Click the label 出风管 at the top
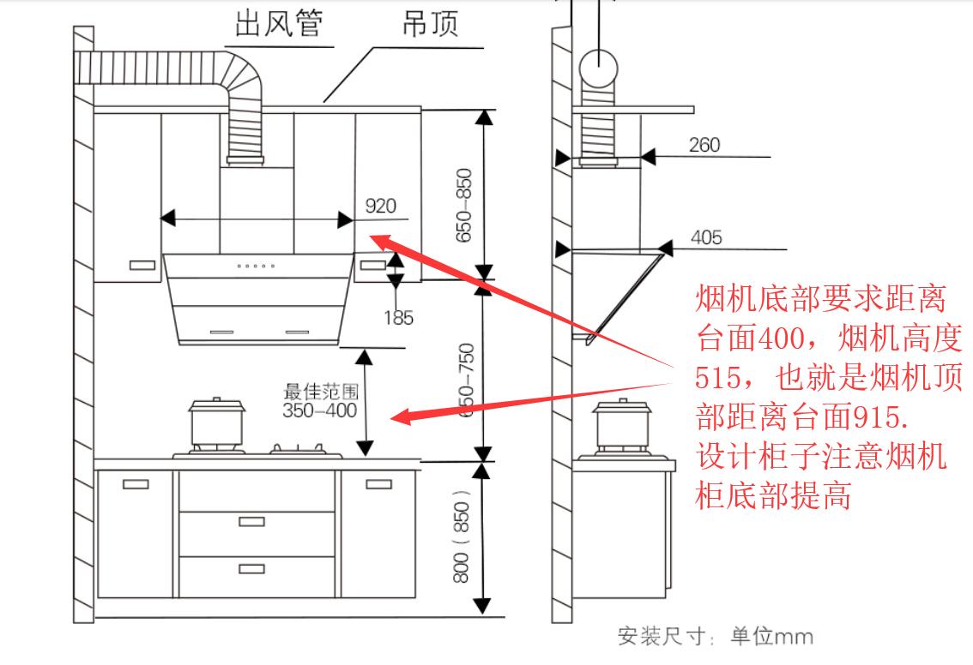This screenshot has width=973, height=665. tap(279, 23)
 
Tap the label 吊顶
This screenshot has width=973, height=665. tap(431, 23)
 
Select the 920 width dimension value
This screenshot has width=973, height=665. tap(381, 206)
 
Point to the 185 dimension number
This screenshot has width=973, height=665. tap(398, 318)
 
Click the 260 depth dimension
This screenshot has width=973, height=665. tap(704, 144)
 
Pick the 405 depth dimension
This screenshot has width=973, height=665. tap(706, 237)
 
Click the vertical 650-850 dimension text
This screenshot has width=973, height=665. tap(464, 204)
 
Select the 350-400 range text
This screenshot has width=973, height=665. tap(319, 410)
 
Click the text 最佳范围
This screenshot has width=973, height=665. tap(319, 392)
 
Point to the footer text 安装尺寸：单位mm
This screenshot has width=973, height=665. tap(715, 638)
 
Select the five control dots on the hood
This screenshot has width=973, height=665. tap(257, 266)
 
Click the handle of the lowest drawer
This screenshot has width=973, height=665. tap(251, 568)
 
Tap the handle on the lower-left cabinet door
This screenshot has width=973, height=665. tap(136, 484)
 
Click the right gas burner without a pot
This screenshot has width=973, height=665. tap(297, 448)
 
